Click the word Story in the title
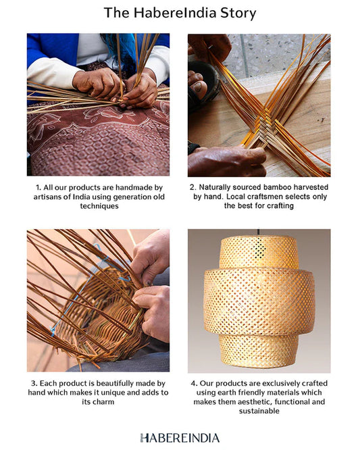click(x=238, y=14)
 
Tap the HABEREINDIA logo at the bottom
click(x=180, y=438)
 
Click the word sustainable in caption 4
click(x=259, y=411)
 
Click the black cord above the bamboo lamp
click(x=259, y=232)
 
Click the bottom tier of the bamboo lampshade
click(x=259, y=351)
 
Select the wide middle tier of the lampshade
click(x=259, y=301)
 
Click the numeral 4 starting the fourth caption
click(x=193, y=383)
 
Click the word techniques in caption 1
click(x=99, y=206)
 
